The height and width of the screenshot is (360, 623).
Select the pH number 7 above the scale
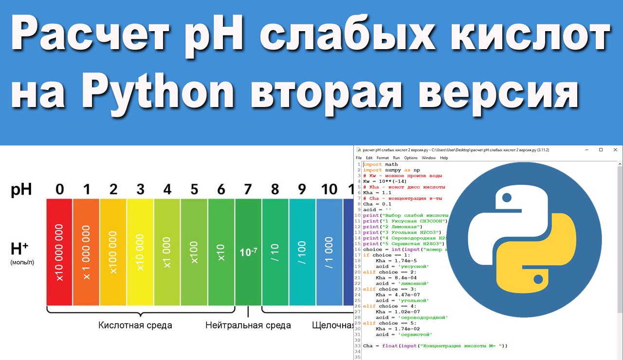[248, 189]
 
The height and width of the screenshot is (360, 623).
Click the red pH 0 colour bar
[59, 252]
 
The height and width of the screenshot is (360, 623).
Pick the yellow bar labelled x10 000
[140, 252]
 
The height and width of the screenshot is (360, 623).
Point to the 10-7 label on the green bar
[248, 252]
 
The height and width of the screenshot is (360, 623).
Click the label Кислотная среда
[135, 325]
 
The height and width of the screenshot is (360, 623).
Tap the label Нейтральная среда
[248, 325]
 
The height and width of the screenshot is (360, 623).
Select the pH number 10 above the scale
[329, 189]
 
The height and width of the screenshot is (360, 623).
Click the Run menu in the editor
[397, 158]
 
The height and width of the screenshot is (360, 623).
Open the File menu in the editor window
[359, 158]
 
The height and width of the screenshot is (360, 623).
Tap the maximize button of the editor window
[601, 150]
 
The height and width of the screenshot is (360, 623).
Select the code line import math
[380, 164]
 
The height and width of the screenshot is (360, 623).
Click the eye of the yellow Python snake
[538, 279]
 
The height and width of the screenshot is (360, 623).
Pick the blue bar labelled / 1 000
[329, 252]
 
